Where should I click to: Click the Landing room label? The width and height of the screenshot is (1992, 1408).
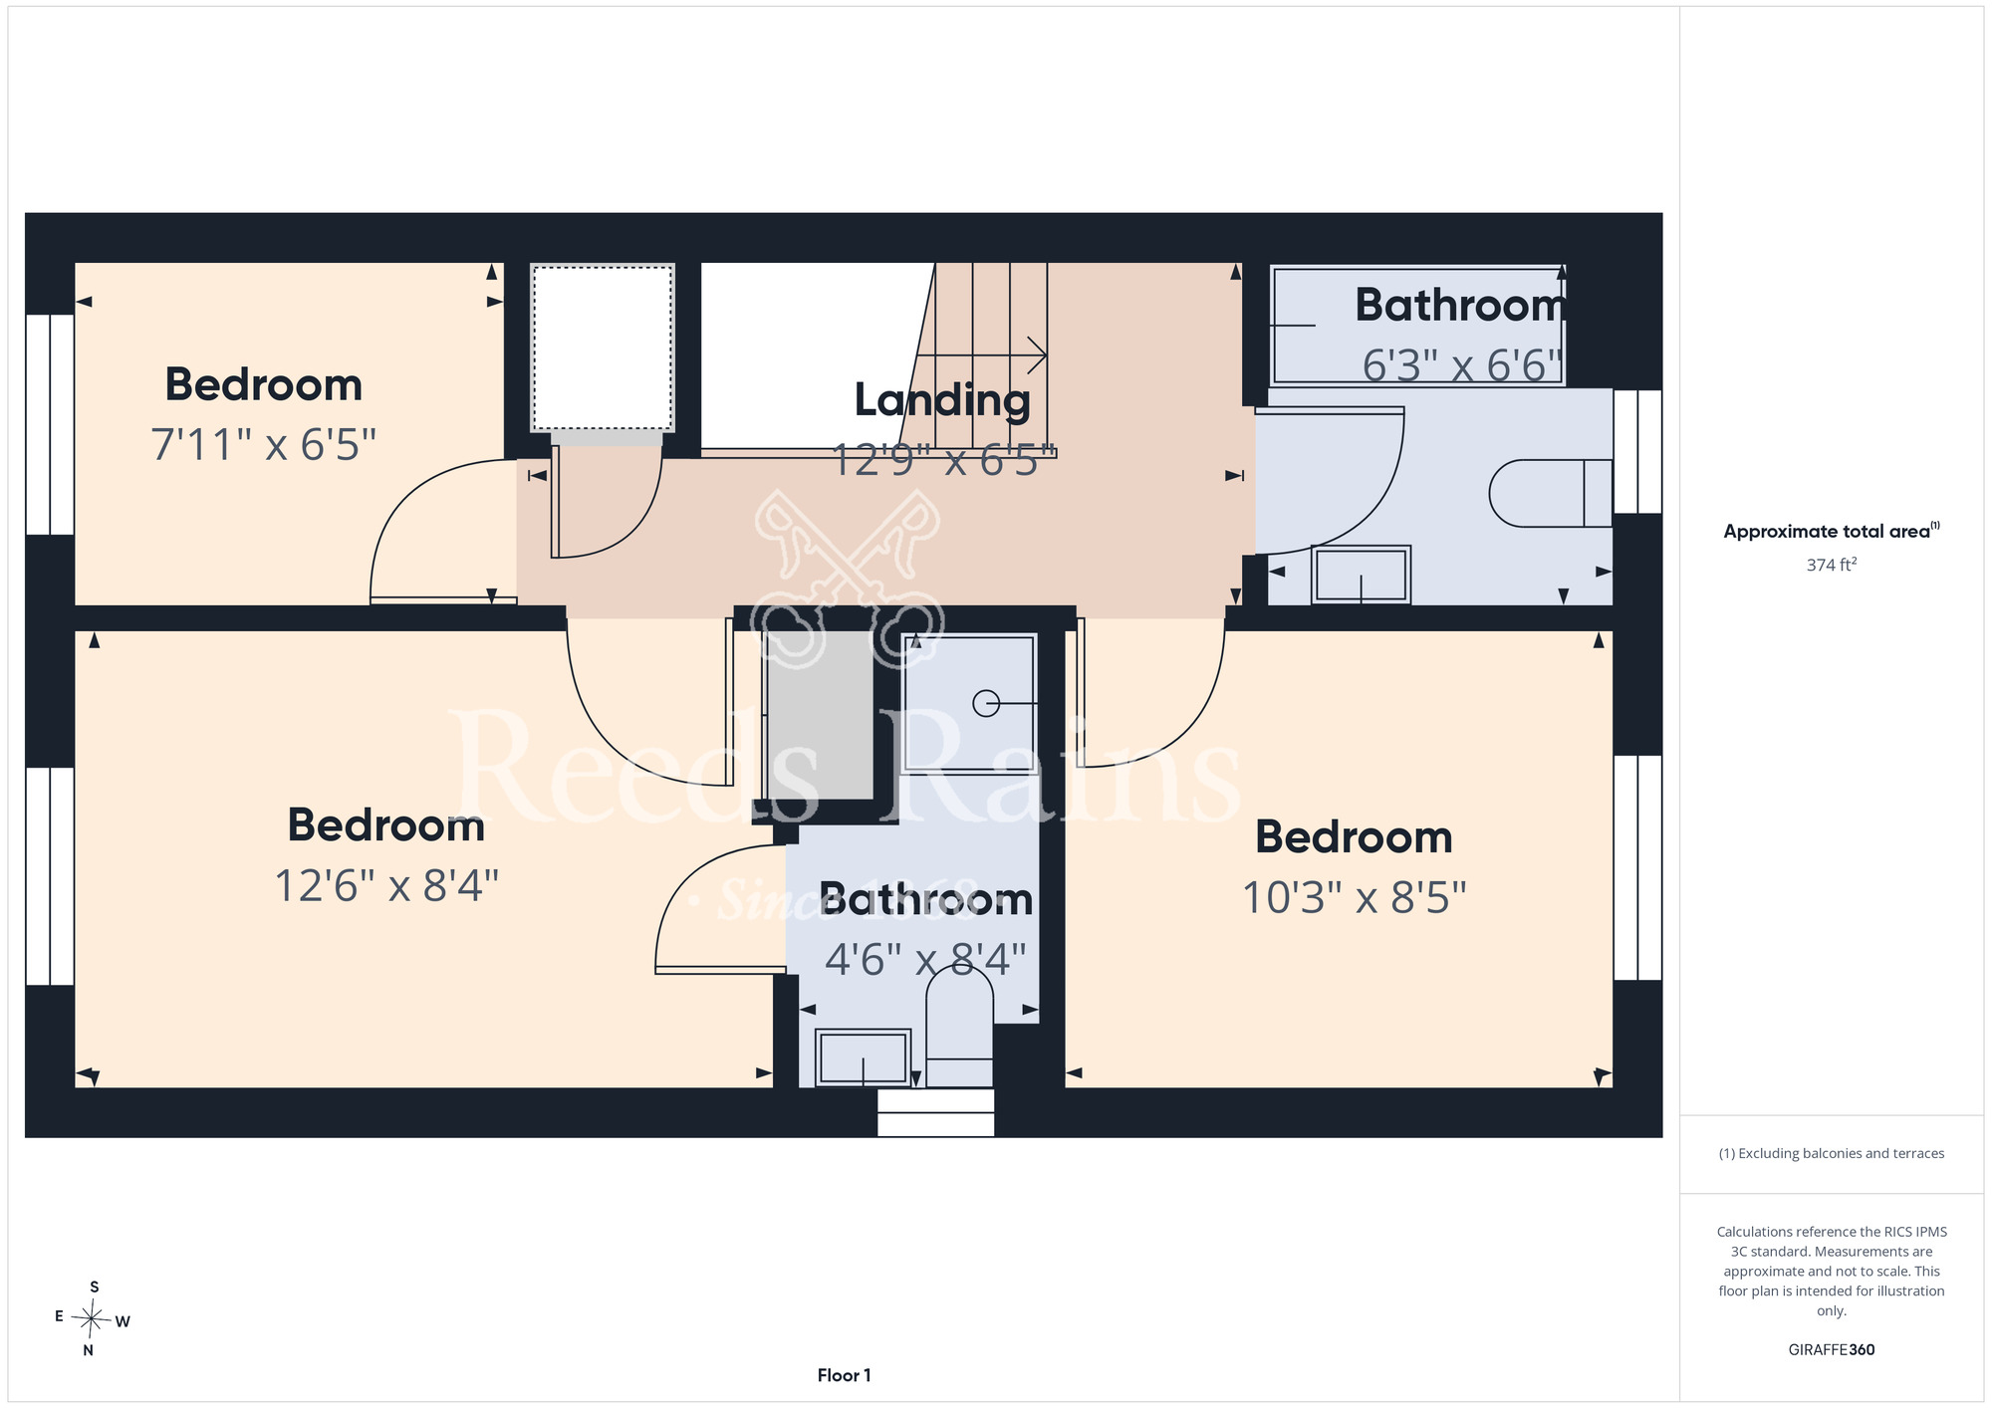coord(942,400)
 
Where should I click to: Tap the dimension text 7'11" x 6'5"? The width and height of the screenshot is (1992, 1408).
coord(264,445)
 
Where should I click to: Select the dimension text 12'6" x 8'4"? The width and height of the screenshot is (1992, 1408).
coord(386,885)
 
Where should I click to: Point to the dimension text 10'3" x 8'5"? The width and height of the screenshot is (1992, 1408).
coord(1354,897)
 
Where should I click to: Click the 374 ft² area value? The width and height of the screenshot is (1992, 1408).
coord(1832,565)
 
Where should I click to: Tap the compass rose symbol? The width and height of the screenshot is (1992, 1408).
coord(92,1319)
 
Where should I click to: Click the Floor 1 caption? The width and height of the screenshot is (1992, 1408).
coord(844,1375)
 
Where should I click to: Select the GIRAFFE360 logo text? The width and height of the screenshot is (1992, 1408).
coord(1832,1350)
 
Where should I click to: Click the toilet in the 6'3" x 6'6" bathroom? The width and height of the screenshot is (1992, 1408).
coord(1551,493)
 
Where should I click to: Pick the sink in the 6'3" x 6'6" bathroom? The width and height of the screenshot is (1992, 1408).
coord(1361,575)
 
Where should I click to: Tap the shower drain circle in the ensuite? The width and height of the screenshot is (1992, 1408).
coord(986,704)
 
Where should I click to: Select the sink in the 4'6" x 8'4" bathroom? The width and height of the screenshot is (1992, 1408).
coord(863,1057)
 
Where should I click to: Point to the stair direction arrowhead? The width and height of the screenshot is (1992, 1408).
coord(1038,354)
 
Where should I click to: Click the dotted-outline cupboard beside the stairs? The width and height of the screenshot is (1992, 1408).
coord(603,348)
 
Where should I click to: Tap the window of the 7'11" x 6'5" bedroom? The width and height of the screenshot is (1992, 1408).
coord(50,425)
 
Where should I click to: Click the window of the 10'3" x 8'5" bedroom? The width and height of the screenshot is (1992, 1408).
coord(1637,867)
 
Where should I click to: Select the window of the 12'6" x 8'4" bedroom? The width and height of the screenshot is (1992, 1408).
coord(50,876)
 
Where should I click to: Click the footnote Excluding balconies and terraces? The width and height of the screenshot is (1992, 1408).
coord(1832,1153)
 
